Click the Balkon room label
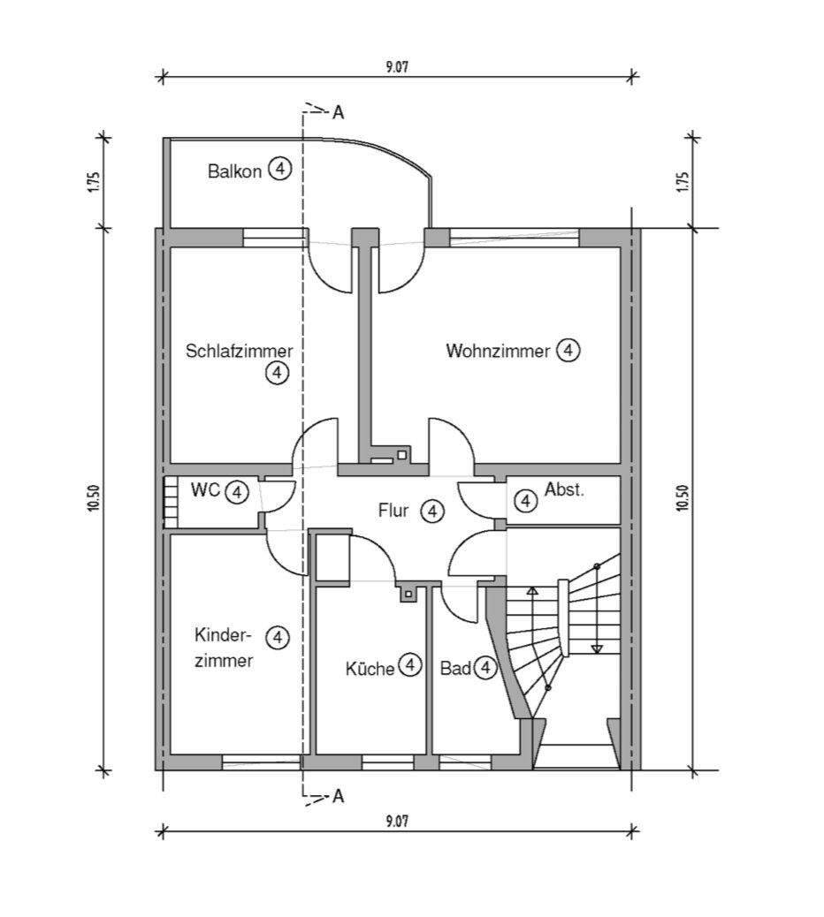(234, 171)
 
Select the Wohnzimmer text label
(497, 351)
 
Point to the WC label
(205, 490)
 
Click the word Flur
(394, 510)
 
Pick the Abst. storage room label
(564, 489)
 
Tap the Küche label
(370, 669)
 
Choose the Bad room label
(455, 669)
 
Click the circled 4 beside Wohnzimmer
(568, 351)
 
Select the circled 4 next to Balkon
(279, 170)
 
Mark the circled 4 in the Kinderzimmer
(277, 636)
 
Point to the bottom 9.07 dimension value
(397, 821)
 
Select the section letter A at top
(338, 113)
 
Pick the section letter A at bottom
(338, 797)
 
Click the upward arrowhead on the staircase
(531, 589)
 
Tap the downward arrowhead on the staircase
(596, 648)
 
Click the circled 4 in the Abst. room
(526, 502)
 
